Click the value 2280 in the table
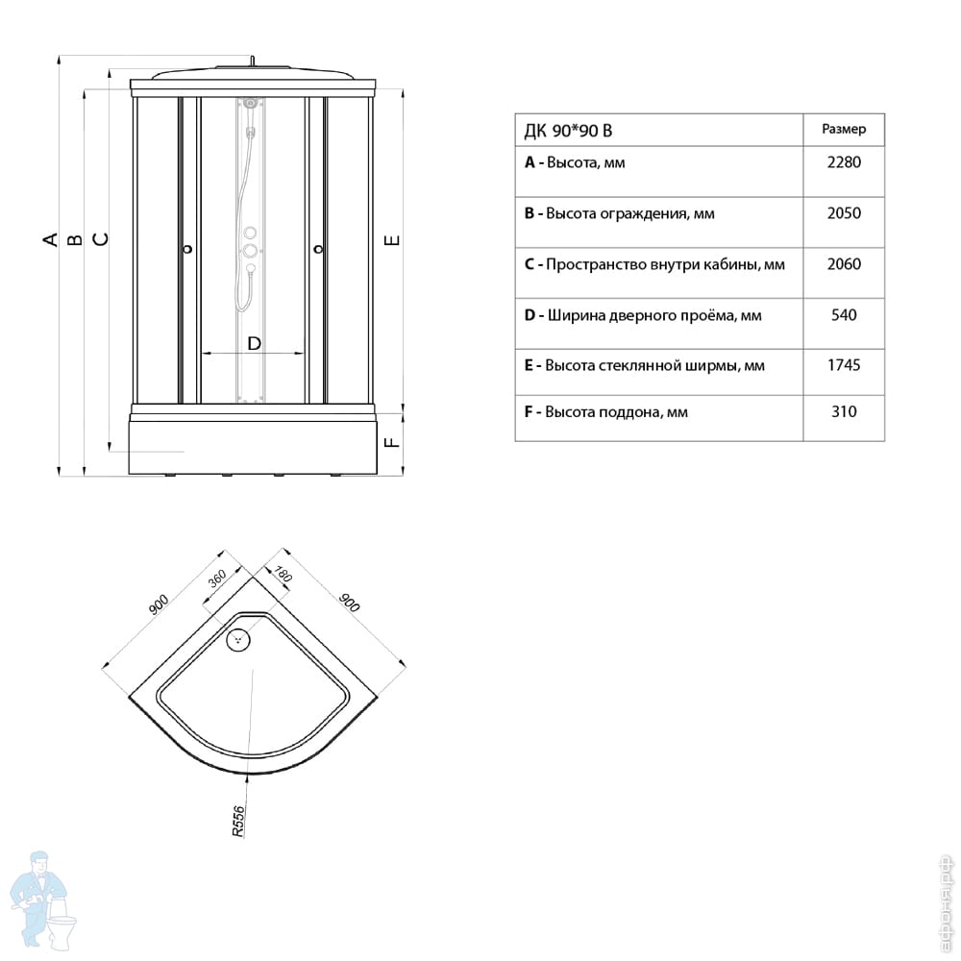[x=844, y=162]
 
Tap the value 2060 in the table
[x=844, y=264]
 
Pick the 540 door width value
[x=844, y=315]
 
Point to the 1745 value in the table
[x=844, y=365]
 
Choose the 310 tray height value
[x=844, y=411]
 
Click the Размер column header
[x=844, y=130]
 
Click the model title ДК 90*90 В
[x=568, y=131]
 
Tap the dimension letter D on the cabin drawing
[x=255, y=343]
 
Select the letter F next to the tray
[x=392, y=441]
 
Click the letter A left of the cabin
[x=50, y=239]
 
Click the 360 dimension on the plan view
[x=217, y=578]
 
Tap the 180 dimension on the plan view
[x=283, y=575]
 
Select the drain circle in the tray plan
[x=238, y=640]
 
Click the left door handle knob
[x=188, y=249]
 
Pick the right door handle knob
[x=318, y=249]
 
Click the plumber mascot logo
[x=43, y=899]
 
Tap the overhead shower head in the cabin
[x=250, y=103]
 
